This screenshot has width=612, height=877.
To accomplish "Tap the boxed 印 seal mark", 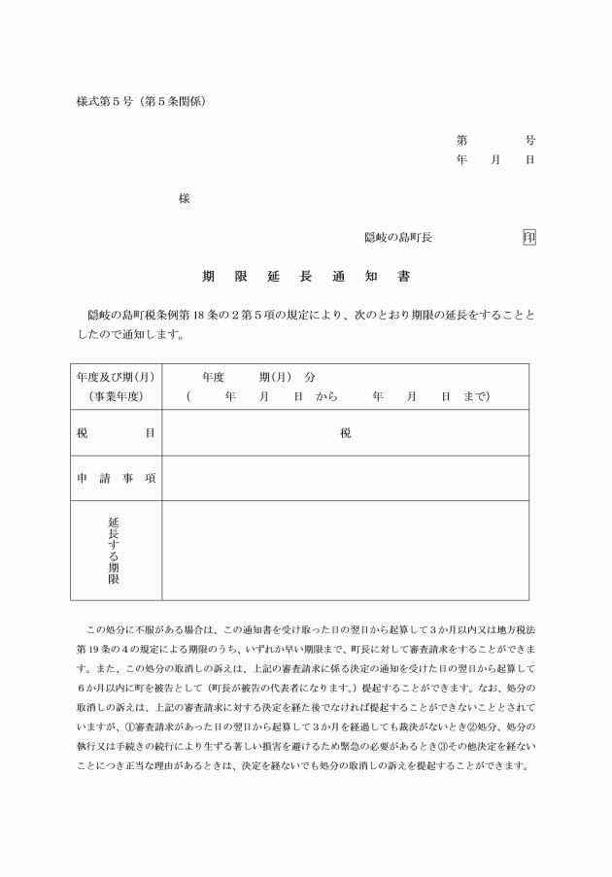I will (529, 237).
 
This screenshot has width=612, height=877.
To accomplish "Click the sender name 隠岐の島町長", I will (397, 237).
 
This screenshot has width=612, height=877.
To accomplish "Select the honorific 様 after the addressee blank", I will (184, 198).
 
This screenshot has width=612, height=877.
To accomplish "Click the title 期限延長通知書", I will (306, 277).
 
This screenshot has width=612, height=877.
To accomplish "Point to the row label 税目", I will (116, 433).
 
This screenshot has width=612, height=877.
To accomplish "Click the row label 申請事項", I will (116, 479).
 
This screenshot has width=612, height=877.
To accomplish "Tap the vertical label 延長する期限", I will (115, 550).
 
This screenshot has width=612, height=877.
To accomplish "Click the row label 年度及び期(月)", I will (116, 377).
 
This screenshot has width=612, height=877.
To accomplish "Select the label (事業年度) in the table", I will (116, 396).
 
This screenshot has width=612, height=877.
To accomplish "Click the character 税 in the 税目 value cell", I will (345, 433).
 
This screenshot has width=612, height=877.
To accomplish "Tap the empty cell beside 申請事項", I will (345, 479).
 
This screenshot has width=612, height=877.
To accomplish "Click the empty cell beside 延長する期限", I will (345, 550).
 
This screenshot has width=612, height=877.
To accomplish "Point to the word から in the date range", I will (325, 396).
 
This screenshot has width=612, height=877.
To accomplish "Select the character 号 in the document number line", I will (529, 140).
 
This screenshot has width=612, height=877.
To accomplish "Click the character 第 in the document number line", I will (462, 140).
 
